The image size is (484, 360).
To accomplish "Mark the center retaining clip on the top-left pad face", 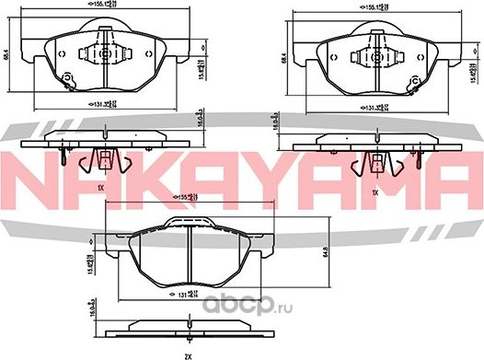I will pyautogui.click(x=103, y=52).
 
